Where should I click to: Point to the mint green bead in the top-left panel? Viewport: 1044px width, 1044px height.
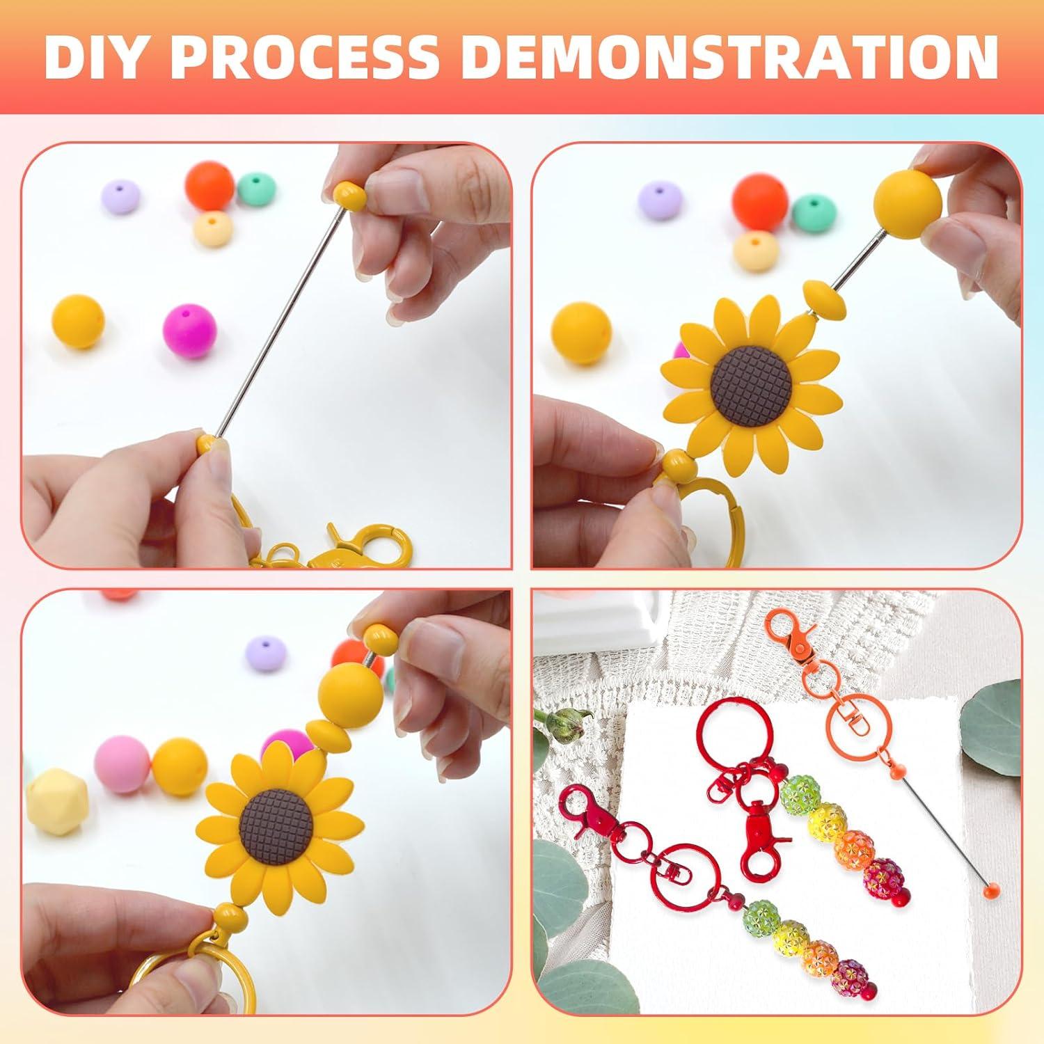click(257, 189)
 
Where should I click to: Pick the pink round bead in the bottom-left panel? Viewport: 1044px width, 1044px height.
click(119, 764)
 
